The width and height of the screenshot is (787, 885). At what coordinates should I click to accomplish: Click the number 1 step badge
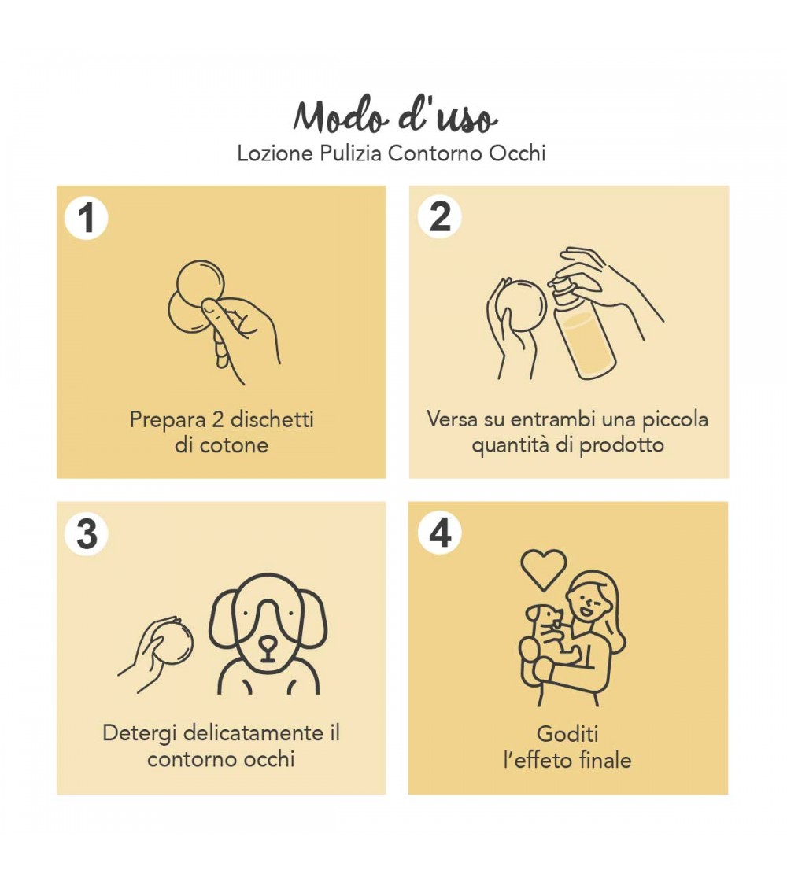coord(87,218)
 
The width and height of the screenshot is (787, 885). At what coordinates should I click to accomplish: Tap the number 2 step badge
coord(440,217)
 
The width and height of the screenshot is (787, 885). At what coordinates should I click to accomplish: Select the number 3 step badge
coord(87,533)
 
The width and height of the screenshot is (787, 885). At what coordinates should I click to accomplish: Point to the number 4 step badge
coord(440,533)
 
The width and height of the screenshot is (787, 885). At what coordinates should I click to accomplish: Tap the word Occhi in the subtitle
coord(517,153)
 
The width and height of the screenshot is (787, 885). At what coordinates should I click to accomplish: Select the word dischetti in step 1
coord(272,419)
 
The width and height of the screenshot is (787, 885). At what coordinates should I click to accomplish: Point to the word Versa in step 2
coord(453,419)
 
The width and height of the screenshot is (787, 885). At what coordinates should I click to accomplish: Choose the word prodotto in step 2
coord(622,446)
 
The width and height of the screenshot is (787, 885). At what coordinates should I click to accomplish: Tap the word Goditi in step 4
coord(567,734)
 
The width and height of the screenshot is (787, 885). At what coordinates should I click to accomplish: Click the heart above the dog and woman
coord(543,570)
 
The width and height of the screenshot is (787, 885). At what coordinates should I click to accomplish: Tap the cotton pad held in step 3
coord(175,642)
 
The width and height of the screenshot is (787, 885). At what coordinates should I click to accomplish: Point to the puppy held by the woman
coord(551,636)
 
